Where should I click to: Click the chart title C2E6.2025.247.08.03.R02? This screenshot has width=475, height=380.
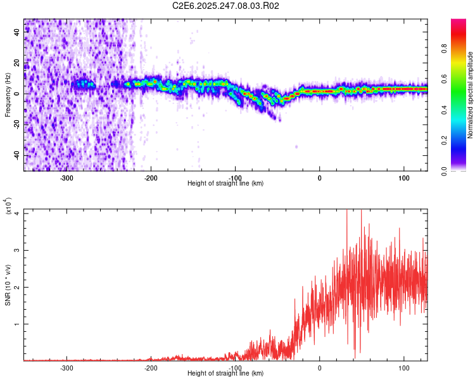pyautogui.click(x=225, y=6)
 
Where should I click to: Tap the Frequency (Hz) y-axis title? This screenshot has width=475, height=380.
pyautogui.click(x=8, y=95)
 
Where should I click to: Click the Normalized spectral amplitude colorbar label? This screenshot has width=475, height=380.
pyautogui.click(x=471, y=95)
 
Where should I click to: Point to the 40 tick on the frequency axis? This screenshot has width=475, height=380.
pyautogui.click(x=17, y=32)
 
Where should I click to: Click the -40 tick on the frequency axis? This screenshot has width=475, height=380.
pyautogui.click(x=17, y=155)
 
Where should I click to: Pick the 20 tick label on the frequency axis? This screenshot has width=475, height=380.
pyautogui.click(x=17, y=63)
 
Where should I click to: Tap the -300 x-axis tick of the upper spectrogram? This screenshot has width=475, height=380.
pyautogui.click(x=66, y=177)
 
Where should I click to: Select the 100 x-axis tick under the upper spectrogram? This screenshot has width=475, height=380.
pyautogui.click(x=403, y=177)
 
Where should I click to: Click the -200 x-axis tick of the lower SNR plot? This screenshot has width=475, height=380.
pyautogui.click(x=151, y=367)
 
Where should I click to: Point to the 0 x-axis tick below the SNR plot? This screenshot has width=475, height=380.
pyautogui.click(x=319, y=367)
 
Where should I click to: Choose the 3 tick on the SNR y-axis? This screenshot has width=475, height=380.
pyautogui.click(x=18, y=250)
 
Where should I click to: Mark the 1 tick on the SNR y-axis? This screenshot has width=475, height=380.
pyautogui.click(x=18, y=324)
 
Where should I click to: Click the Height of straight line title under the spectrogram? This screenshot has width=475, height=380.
pyautogui.click(x=225, y=183)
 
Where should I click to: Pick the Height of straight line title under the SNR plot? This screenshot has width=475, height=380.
pyautogui.click(x=225, y=373)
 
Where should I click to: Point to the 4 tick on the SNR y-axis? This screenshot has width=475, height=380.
pyautogui.click(x=18, y=213)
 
